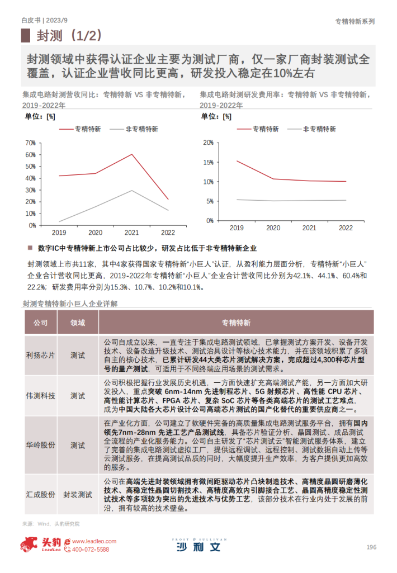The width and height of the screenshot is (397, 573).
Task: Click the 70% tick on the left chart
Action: click(31, 142)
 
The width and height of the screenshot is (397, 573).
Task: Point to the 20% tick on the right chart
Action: click(207, 143)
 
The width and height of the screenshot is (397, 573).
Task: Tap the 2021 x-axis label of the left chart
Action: click(132, 233)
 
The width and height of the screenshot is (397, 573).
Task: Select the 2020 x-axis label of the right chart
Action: click(273, 228)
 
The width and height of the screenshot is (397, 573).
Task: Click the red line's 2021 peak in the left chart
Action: click(132, 154)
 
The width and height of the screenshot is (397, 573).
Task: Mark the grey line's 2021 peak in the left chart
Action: click(132, 191)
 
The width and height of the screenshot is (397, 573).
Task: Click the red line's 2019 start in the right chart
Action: click(237, 161)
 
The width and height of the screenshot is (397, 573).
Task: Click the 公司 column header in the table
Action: click(41, 323)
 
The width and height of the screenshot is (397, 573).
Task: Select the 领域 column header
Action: click(78, 323)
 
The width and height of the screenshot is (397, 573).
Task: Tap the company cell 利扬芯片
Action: click(41, 355)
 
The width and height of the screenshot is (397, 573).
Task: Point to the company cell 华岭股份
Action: click(41, 446)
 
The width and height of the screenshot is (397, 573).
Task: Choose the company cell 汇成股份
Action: click(41, 495)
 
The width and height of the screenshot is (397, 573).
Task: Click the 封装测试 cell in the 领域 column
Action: click(78, 495)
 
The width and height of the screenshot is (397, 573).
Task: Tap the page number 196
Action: click(371, 546)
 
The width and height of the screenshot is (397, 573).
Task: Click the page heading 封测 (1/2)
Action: click(70, 36)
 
